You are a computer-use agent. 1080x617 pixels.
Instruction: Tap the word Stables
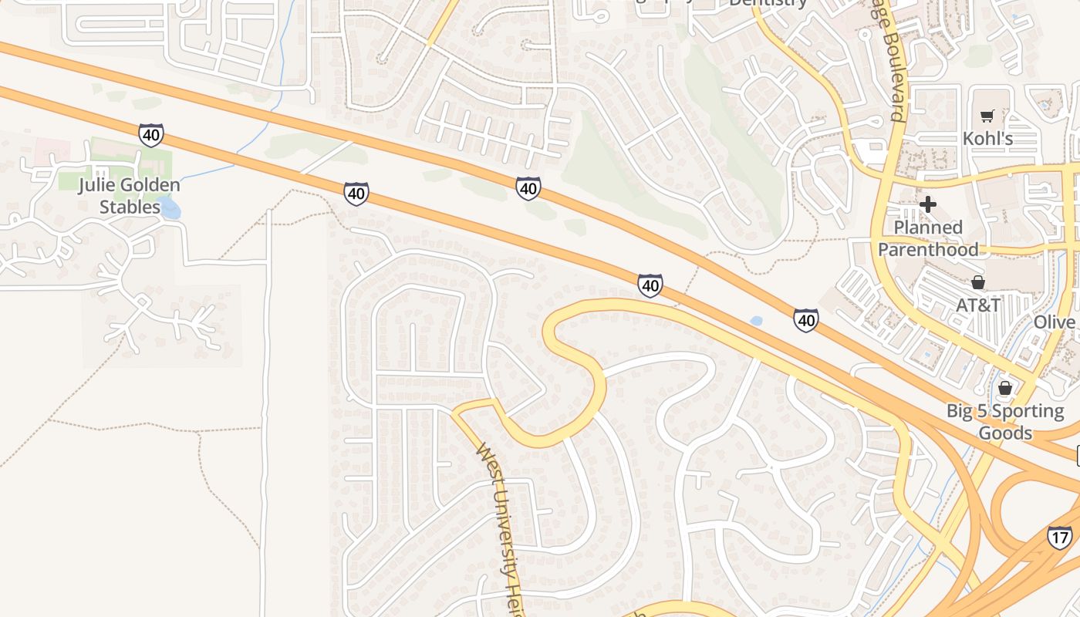tap(130, 207)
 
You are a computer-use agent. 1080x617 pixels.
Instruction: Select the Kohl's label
tap(987, 139)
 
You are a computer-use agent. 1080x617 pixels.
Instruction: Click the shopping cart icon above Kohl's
tap(987, 116)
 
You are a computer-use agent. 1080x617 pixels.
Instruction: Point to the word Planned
tap(928, 228)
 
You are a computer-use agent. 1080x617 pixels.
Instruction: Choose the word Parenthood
tap(928, 249)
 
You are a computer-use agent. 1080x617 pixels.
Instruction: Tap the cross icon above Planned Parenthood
tap(928, 204)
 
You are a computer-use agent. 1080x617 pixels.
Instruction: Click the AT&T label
tap(978, 305)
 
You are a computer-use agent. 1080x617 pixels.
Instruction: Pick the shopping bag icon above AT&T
tap(978, 282)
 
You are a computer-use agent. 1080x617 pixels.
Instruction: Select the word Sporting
tap(1027, 411)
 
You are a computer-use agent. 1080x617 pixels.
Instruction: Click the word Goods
tap(1005, 433)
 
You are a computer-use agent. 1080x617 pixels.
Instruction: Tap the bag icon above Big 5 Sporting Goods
tap(1005, 388)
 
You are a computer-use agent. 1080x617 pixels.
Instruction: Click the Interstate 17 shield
tap(1059, 537)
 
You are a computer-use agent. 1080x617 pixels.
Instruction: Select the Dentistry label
tap(768, 3)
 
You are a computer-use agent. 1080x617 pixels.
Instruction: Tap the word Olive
tap(1055, 322)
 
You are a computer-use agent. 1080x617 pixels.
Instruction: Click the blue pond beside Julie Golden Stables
tap(170, 207)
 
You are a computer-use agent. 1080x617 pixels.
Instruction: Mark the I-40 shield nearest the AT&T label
tap(805, 319)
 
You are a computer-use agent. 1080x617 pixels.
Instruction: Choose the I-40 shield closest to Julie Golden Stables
tap(151, 135)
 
